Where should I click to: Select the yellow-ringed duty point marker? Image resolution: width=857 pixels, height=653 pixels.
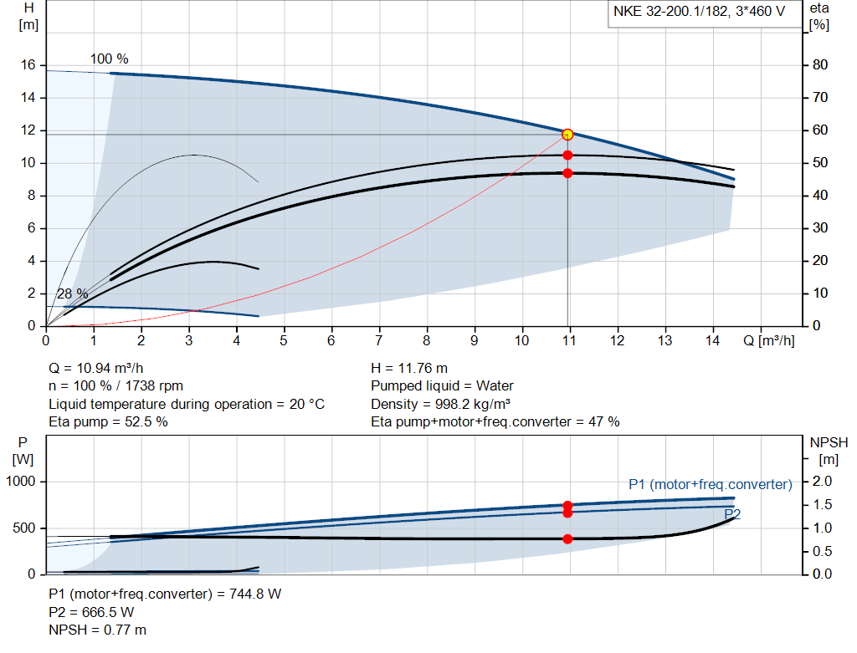pyautogui.click(x=567, y=134)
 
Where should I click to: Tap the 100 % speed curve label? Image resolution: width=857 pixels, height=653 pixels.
pyautogui.click(x=110, y=59)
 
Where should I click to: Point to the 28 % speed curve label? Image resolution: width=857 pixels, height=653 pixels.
pyautogui.click(x=73, y=293)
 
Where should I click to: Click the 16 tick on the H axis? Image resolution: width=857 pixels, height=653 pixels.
pyautogui.click(x=28, y=65)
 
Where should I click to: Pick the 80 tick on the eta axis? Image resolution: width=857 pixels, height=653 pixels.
pyautogui.click(x=820, y=65)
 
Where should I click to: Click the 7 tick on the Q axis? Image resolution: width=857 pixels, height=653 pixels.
pyautogui.click(x=379, y=340)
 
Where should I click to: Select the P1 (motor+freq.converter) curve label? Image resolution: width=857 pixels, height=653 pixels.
pyautogui.click(x=710, y=484)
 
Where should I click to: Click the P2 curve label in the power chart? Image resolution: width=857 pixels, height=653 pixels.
pyautogui.click(x=732, y=513)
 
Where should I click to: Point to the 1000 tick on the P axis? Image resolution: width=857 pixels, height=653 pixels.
pyautogui.click(x=21, y=482)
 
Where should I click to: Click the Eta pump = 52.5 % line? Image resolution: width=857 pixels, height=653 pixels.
pyautogui.click(x=108, y=422)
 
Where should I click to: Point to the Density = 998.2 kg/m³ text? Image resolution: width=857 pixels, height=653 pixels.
pyautogui.click(x=440, y=404)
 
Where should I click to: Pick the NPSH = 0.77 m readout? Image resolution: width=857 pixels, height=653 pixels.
pyautogui.click(x=98, y=630)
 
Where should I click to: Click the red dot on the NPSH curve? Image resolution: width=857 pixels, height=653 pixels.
pyautogui.click(x=567, y=538)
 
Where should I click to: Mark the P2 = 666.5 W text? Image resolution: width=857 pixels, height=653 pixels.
pyautogui.click(x=91, y=612)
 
